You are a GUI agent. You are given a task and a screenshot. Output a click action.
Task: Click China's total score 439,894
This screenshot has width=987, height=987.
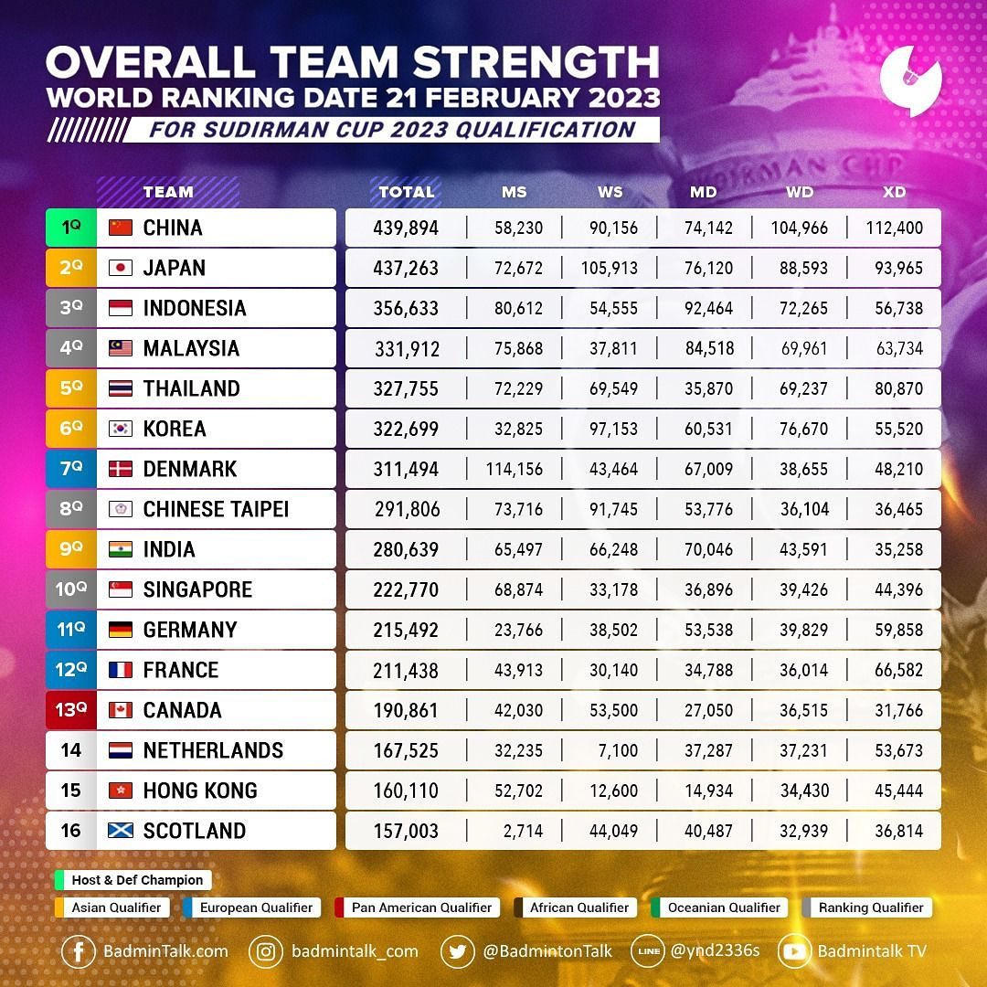pos(406,228)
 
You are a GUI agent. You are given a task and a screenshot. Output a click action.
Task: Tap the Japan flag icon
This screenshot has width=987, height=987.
pos(120,268)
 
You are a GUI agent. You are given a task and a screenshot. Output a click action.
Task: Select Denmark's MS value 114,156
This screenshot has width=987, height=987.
pos(515,470)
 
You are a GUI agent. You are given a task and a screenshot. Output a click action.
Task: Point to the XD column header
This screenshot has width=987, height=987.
pos(895,192)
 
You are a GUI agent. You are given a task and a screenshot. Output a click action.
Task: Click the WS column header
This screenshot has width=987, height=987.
pos(610,192)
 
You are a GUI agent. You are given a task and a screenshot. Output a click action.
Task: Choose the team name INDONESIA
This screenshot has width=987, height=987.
pos(195,308)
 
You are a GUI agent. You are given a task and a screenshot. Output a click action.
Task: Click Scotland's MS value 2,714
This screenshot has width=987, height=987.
pos(524,832)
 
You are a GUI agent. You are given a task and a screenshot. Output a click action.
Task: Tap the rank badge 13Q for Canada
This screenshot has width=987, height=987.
pos(70,710)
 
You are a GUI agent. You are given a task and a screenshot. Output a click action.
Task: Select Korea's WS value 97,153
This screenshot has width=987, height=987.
pos(613,430)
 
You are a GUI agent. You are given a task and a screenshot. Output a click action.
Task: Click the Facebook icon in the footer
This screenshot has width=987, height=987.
pos(79,951)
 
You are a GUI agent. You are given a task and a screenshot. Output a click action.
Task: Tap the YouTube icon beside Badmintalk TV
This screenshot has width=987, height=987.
pos(795,951)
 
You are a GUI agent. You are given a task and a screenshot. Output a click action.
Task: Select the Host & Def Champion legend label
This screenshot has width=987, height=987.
pos(137,880)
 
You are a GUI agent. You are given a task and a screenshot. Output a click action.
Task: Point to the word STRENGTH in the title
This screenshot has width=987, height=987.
pos(536,62)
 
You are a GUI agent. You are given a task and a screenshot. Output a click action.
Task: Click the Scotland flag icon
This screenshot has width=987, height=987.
pos(120,831)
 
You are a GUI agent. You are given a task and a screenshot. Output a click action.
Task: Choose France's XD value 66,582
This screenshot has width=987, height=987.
pos(899,671)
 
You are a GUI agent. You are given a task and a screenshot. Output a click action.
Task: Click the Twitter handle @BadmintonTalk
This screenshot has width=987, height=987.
pos(547,951)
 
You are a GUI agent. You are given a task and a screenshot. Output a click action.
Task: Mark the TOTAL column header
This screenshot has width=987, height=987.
pos(407,192)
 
